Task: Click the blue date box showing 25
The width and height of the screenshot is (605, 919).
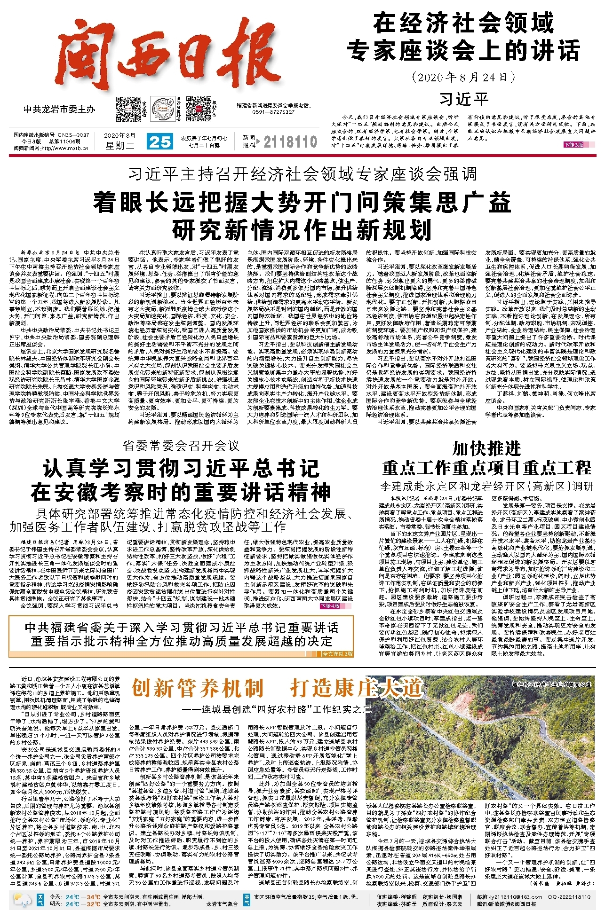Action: coord(159,141)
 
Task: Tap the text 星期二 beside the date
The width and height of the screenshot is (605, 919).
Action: coord(119,146)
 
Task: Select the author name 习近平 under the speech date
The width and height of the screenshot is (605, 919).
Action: coord(464,99)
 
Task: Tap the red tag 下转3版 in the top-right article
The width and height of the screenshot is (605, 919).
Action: coord(573,145)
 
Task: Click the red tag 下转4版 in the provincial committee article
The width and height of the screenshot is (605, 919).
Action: coord(330,606)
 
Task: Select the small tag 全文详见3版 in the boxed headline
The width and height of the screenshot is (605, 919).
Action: coord(337,654)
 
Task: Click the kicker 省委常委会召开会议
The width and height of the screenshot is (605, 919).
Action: coord(181,445)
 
